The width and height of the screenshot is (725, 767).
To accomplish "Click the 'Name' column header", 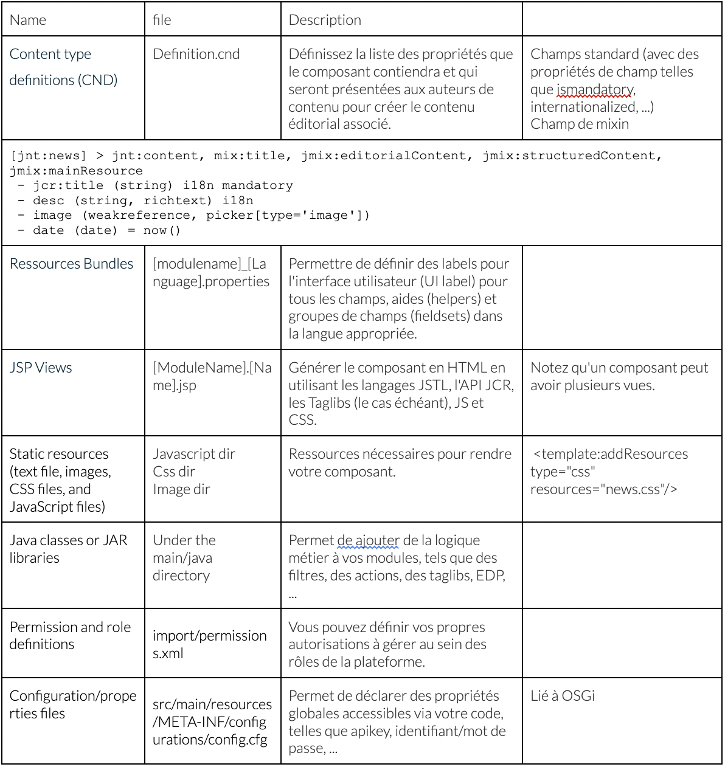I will (28, 20).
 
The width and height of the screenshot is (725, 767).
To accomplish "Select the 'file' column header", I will (162, 20).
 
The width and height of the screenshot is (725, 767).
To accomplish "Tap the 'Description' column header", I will (325, 20).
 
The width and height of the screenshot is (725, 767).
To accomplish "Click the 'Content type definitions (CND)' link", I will (63, 67).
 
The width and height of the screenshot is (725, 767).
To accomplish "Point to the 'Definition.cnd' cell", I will (196, 54).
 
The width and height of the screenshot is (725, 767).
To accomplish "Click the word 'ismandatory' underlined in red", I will (595, 90).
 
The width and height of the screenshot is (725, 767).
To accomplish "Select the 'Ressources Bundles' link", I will (71, 264).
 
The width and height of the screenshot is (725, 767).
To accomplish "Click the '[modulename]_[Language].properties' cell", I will (210, 272).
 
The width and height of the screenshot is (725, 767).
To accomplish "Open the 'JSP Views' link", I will (41, 368).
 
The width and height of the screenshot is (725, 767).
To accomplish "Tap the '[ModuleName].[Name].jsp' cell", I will (212, 376).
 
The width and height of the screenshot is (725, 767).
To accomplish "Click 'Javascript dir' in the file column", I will (193, 454).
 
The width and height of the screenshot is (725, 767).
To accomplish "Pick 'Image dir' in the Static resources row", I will (181, 489).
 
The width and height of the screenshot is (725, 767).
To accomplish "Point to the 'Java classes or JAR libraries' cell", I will (68, 549).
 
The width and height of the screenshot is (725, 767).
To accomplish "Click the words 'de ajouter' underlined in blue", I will (369, 540).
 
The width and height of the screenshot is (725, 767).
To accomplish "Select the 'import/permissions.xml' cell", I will (209, 644).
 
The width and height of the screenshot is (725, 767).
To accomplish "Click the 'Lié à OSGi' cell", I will (562, 696).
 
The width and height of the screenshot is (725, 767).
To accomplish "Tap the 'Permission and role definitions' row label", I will (70, 635).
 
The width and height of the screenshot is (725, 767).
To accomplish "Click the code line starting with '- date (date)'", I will (99, 230).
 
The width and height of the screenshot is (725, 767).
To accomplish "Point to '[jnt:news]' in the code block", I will (48, 156).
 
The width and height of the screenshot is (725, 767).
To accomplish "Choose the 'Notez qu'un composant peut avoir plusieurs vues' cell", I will (619, 376).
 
